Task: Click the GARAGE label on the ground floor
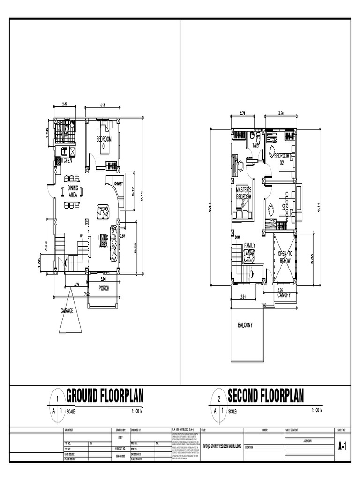click(67, 310)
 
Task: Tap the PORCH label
click(104, 288)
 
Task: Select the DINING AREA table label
click(73, 191)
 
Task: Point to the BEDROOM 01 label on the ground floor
click(104, 142)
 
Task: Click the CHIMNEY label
click(118, 184)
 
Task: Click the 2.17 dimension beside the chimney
click(133, 191)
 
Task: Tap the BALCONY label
click(245, 325)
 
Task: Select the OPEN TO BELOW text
click(285, 256)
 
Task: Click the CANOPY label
click(284, 295)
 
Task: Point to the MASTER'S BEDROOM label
click(244, 194)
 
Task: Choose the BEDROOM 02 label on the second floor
click(282, 159)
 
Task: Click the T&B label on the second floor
click(255, 146)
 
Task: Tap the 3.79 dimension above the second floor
click(281, 113)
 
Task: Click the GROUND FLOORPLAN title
click(105, 396)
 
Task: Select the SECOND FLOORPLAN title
click(266, 396)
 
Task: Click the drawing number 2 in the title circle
click(219, 399)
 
